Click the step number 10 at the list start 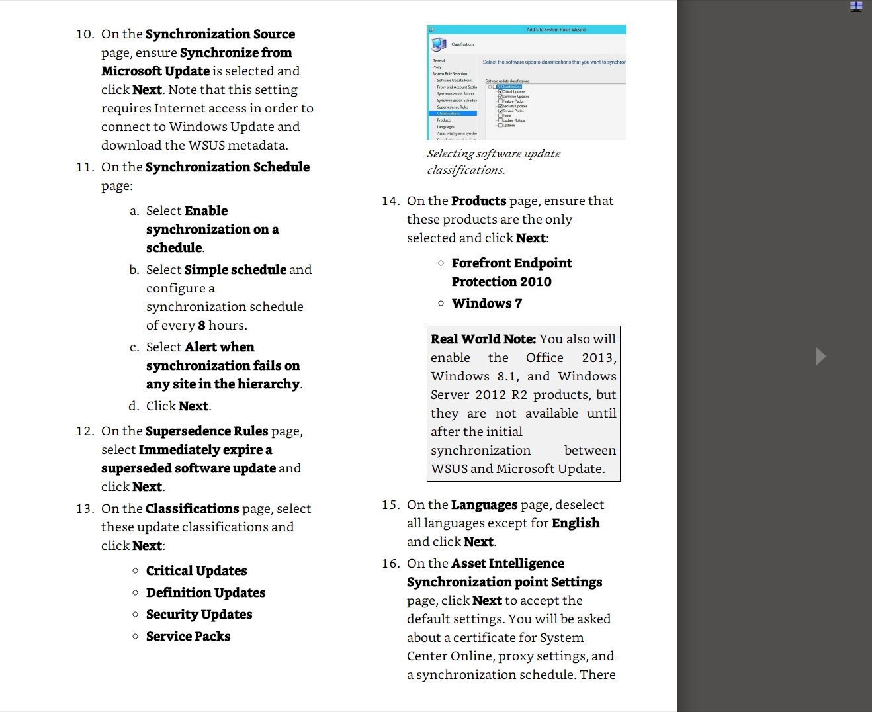[x=85, y=34]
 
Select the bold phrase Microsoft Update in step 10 [x=155, y=71]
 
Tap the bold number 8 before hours [x=201, y=326]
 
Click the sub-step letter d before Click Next [x=134, y=406]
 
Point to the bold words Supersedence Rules [x=206, y=431]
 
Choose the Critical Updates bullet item [x=196, y=571]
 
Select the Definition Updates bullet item [x=206, y=593]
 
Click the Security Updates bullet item [x=199, y=615]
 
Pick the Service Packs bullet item [x=189, y=637]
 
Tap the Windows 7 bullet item [x=487, y=304]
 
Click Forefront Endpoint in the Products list [x=511, y=263]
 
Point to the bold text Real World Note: [x=483, y=339]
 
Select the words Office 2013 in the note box [x=570, y=358]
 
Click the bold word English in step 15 [x=576, y=523]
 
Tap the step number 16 [x=390, y=564]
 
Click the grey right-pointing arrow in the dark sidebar [x=820, y=356]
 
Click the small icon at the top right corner [x=856, y=6]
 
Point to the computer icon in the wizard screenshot [x=439, y=44]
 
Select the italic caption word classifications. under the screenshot [x=466, y=171]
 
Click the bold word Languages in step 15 [x=484, y=505]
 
